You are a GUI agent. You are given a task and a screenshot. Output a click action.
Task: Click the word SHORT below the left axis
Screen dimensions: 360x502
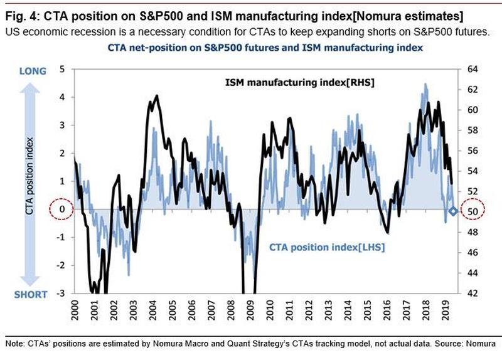pos(33,295)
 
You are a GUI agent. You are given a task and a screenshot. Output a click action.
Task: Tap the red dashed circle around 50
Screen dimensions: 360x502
pos(473,211)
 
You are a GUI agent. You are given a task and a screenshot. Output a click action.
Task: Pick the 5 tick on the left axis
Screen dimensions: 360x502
pos(61,69)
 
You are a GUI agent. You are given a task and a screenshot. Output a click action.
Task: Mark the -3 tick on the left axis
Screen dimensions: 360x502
pos(60,293)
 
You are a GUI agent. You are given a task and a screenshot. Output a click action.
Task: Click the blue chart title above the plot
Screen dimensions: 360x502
pos(265,48)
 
